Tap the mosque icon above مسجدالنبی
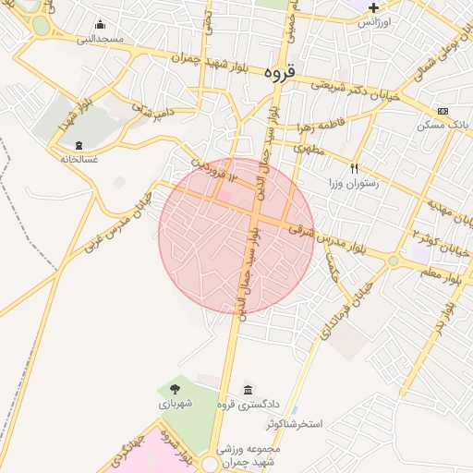coord(100,25)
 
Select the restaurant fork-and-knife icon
coord(354,169)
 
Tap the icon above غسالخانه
coord(79,145)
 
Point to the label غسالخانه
coord(79,159)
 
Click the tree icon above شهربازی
coord(175,389)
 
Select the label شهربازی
coord(174,404)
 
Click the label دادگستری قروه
coord(241,404)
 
